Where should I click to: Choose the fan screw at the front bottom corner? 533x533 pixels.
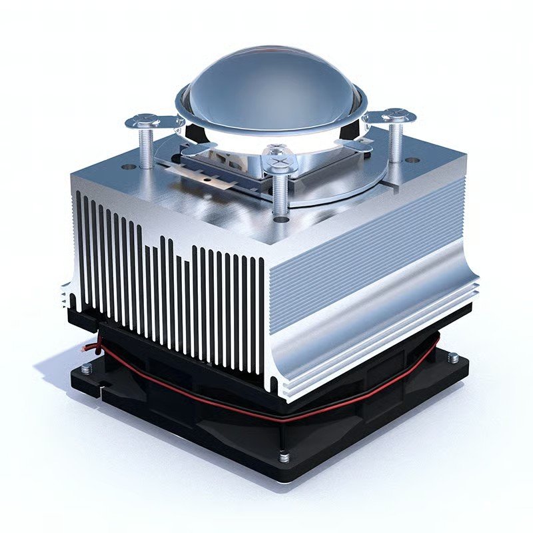point(284,457)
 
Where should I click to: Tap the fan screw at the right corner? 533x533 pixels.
point(453,358)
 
